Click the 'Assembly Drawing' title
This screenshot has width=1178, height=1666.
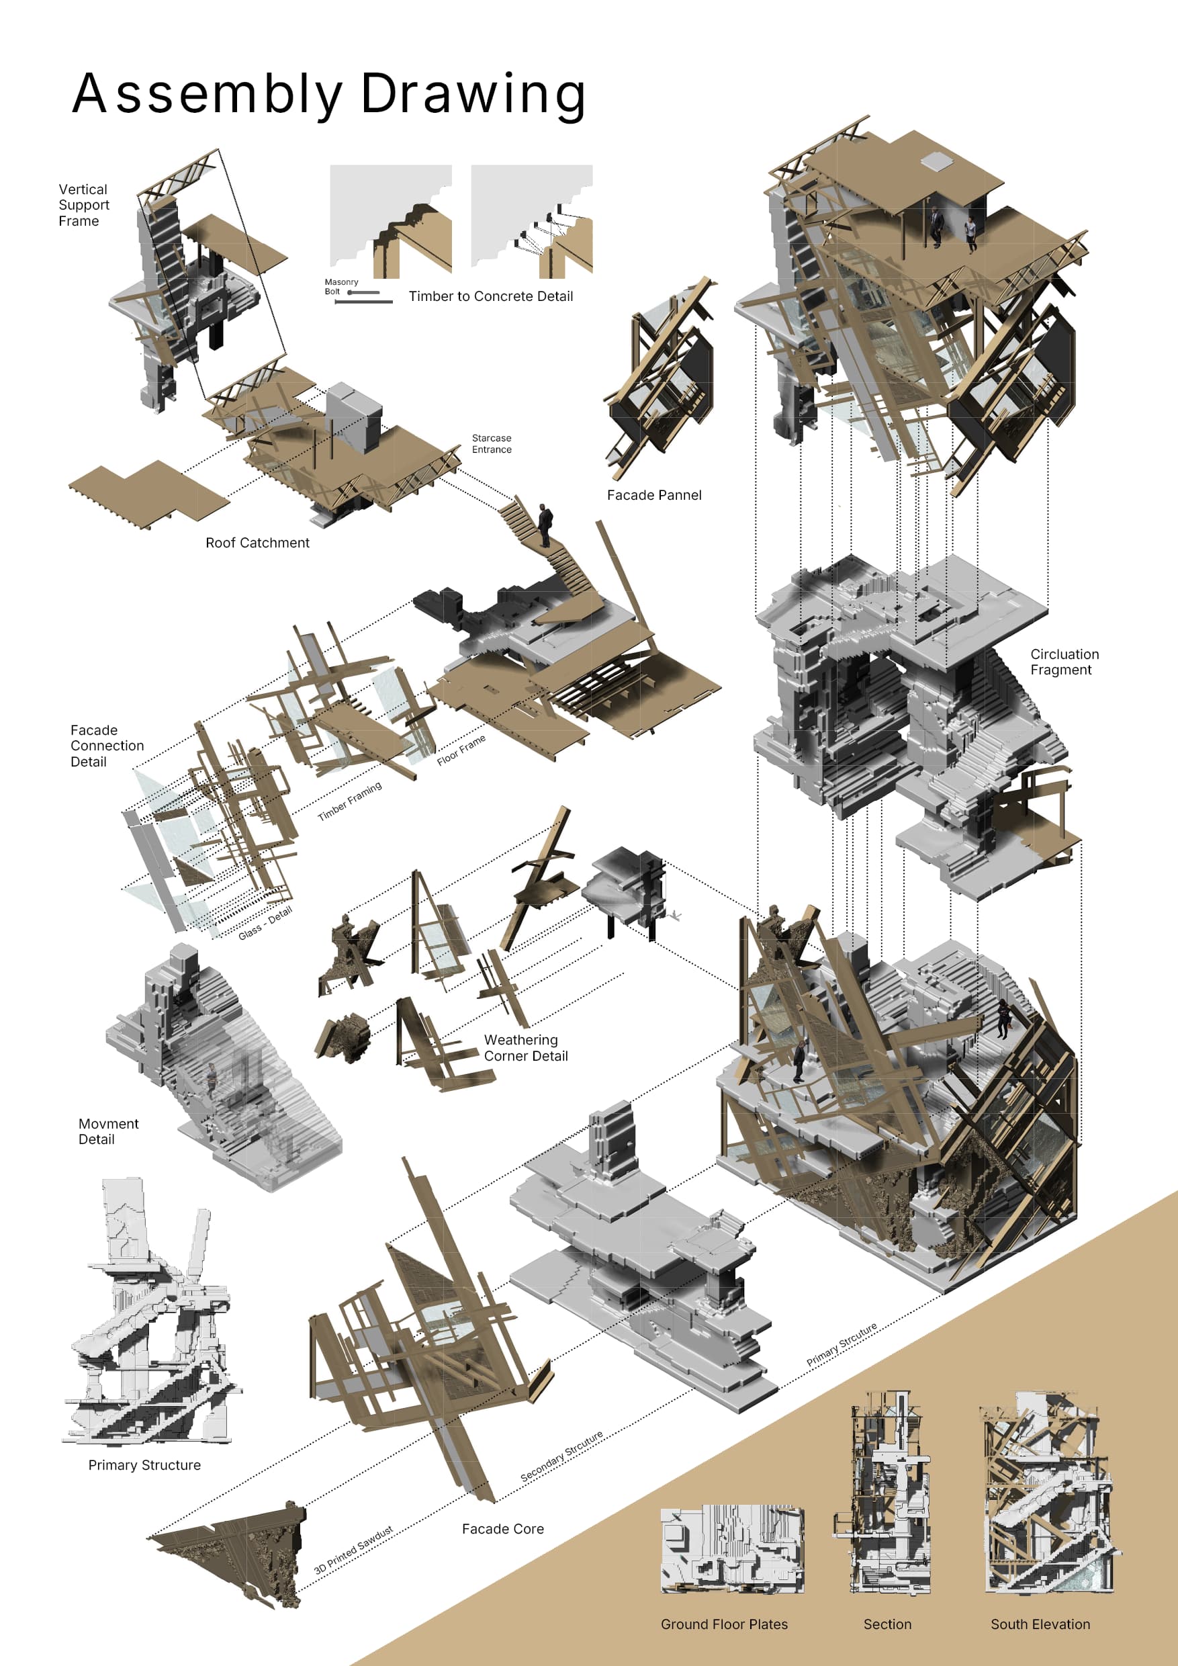(x=328, y=94)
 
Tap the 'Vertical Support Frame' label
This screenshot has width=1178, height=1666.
(x=83, y=206)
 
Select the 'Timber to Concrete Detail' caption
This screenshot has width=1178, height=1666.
(x=490, y=296)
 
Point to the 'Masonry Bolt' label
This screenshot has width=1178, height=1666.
(x=341, y=287)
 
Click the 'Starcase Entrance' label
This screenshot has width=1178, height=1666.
(x=491, y=443)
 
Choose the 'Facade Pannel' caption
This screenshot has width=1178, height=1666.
(x=653, y=495)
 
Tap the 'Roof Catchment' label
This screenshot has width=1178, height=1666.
(x=257, y=543)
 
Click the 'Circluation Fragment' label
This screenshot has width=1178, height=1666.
(x=1063, y=662)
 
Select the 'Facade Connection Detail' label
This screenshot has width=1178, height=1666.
(x=107, y=745)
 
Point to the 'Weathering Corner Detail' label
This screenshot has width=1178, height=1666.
(x=525, y=1048)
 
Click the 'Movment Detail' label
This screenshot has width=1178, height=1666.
(x=108, y=1131)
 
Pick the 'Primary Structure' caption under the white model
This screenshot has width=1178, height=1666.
(x=144, y=1465)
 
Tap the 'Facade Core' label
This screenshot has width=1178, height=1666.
(x=502, y=1529)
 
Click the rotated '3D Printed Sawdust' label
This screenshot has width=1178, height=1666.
(x=353, y=1549)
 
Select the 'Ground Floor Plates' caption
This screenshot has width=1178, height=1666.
(x=723, y=1624)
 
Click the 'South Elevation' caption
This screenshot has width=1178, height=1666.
(x=1040, y=1624)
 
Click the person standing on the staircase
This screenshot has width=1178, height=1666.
(x=545, y=525)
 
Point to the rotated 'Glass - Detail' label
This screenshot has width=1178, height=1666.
(x=265, y=923)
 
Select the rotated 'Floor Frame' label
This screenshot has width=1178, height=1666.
(x=461, y=750)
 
